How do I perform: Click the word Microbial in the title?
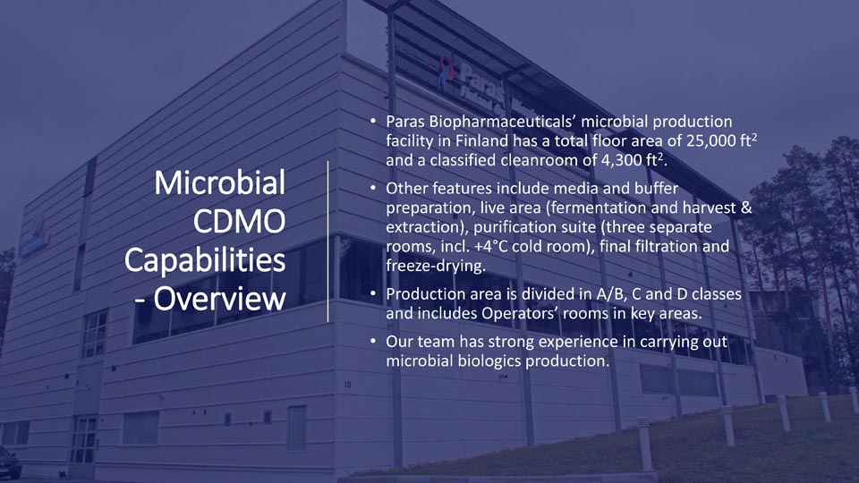220,182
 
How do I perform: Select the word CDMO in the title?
239,221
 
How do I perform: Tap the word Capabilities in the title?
205,260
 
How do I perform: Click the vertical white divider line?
327,241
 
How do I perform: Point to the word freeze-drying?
436,267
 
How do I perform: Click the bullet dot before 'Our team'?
373,342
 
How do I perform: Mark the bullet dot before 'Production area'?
373,294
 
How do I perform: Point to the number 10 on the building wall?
348,385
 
